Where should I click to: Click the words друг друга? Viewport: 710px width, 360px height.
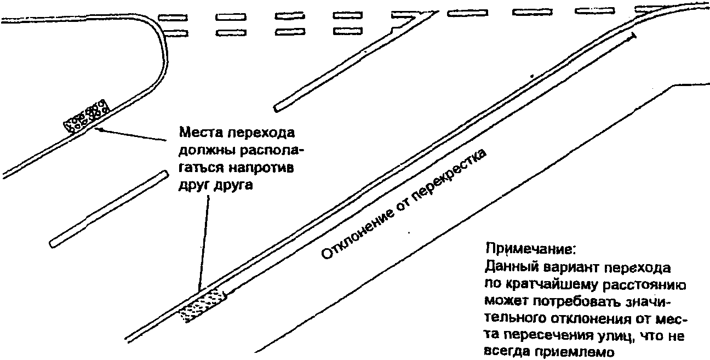pos(217,185)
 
